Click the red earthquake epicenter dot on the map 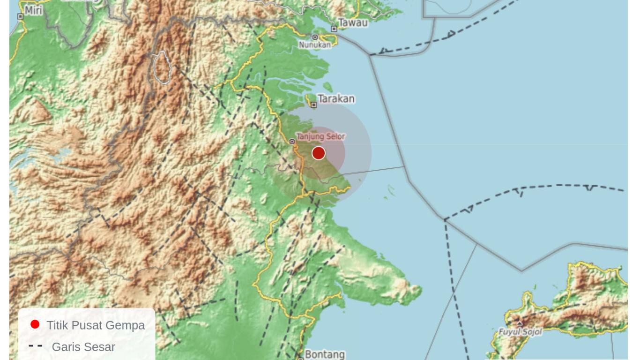pos(319,153)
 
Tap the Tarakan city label pos(336,99)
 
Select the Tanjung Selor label pos(321,136)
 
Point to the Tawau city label pos(353,22)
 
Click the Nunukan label pos(315,45)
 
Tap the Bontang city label pos(325,354)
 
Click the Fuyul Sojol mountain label pos(520,332)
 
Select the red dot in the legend pos(35,324)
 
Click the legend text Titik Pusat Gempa pos(96,325)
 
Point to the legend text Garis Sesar pos(83,347)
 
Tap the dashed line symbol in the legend pos(36,346)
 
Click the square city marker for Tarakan pos(314,105)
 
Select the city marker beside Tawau pos(334,29)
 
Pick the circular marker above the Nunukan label pos(315,37)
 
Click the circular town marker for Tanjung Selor pos(292,142)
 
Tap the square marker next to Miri pos(20,16)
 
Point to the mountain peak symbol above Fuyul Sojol pos(520,323)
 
